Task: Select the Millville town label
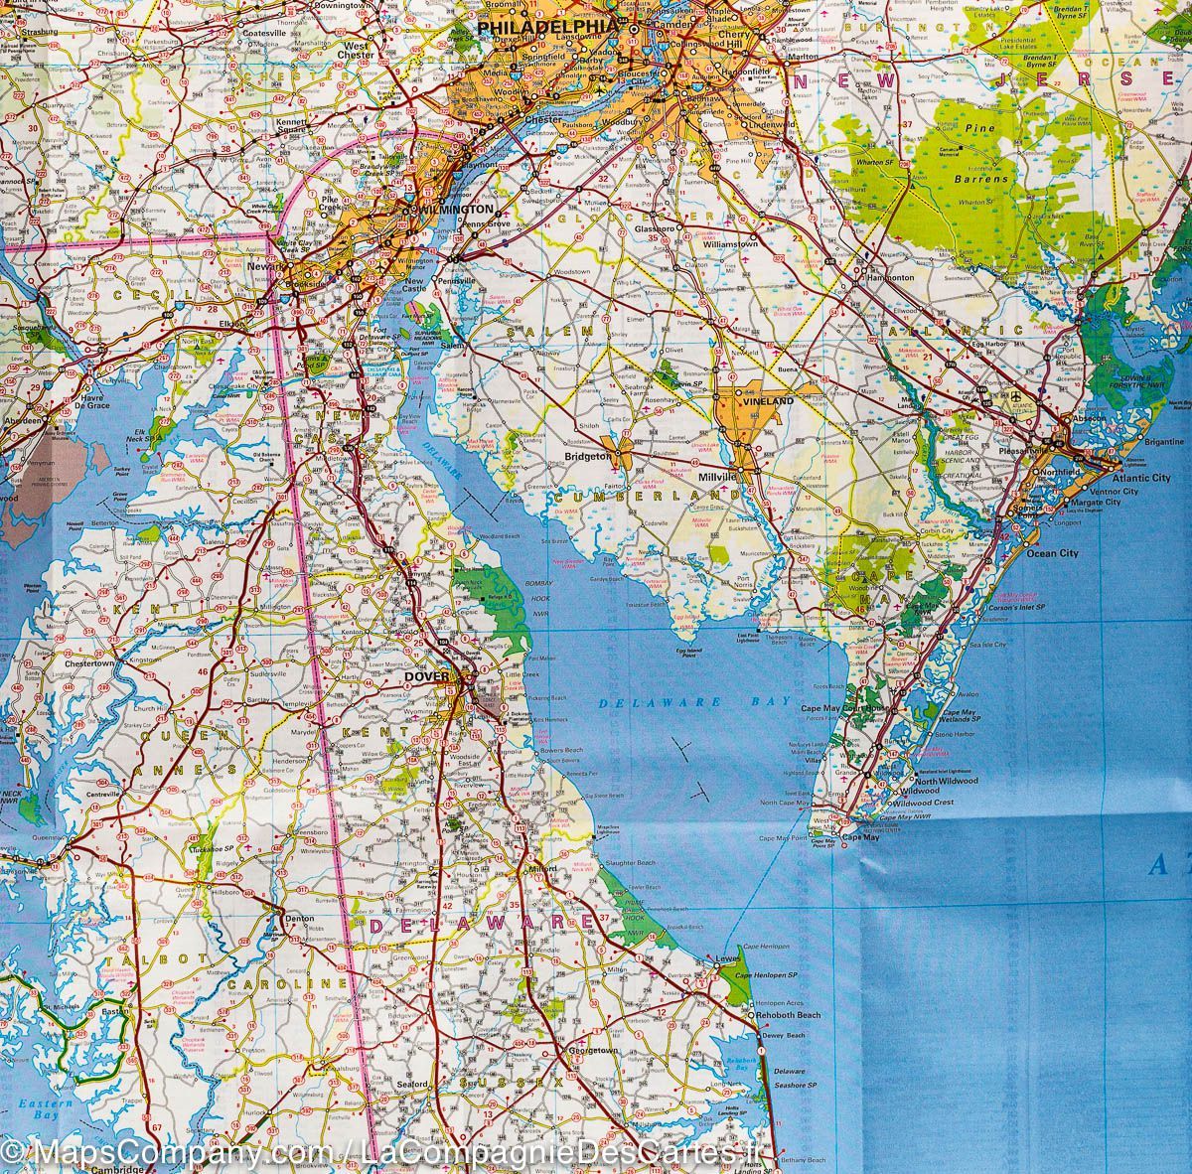[x=718, y=477]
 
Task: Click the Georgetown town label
[x=592, y=1050]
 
